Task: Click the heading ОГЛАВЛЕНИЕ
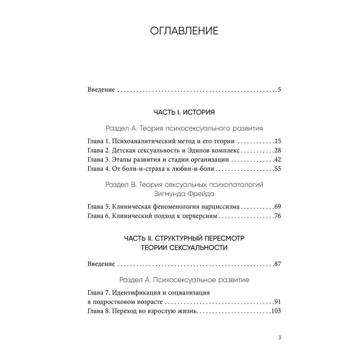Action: (x=184, y=31)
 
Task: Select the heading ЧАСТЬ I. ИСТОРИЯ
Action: (x=184, y=113)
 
